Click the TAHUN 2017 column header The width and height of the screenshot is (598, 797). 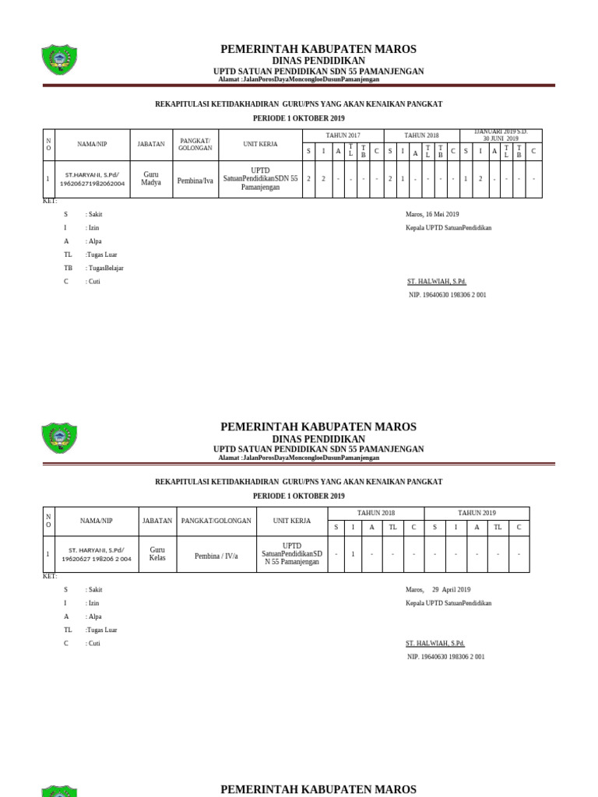pyautogui.click(x=343, y=135)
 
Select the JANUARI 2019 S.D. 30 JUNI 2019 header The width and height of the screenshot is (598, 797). pyautogui.click(x=501, y=135)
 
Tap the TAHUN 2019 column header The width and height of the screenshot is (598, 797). pyautogui.click(x=477, y=513)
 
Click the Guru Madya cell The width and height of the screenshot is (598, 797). pyautogui.click(x=150, y=178)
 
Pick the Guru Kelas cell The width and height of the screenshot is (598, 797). pyautogui.click(x=157, y=553)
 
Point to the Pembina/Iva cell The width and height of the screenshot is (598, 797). pyautogui.click(x=195, y=180)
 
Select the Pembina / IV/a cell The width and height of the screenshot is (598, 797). pyautogui.click(x=216, y=556)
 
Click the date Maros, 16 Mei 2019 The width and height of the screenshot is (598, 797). pyautogui.click(x=432, y=214)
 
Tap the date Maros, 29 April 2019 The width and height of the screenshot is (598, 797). pyautogui.click(x=438, y=590)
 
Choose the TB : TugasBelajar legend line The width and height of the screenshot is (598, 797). pyautogui.click(x=93, y=268)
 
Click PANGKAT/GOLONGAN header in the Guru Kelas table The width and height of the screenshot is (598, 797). pyautogui.click(x=216, y=521)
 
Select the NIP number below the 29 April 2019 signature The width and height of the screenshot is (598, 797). pyautogui.click(x=445, y=657)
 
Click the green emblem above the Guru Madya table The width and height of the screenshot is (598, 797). pyautogui.click(x=58, y=60)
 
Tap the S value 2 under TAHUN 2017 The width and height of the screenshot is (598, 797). pyautogui.click(x=308, y=179)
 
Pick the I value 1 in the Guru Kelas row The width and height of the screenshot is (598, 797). pyautogui.click(x=353, y=554)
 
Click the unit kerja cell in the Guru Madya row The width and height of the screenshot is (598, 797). pyautogui.click(x=260, y=178)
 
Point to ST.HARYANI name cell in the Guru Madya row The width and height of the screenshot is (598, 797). pyautogui.click(x=92, y=179)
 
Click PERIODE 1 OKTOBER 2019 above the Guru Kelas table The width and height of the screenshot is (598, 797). pyautogui.click(x=298, y=496)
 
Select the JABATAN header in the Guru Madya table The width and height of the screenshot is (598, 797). pyautogui.click(x=150, y=144)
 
